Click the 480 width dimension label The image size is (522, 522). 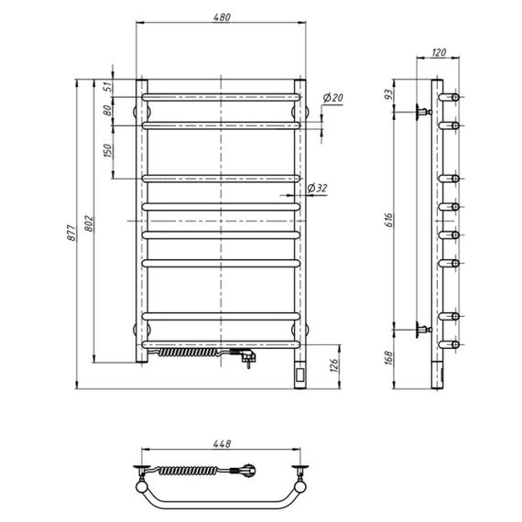pyautogui.click(x=222, y=17)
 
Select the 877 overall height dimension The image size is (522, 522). pyautogui.click(x=71, y=233)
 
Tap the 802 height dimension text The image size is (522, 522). pyautogui.click(x=89, y=224)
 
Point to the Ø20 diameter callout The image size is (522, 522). pyautogui.click(x=333, y=98)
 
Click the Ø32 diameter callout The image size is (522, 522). pyautogui.click(x=317, y=188)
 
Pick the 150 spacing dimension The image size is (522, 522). pyautogui.click(x=108, y=150)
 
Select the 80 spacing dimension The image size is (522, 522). pyautogui.click(x=107, y=110)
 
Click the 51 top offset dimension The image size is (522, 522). pyautogui.click(x=107, y=87)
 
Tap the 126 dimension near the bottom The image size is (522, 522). pyautogui.click(x=335, y=365)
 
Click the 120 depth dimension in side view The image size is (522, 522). pyautogui.click(x=439, y=52)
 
